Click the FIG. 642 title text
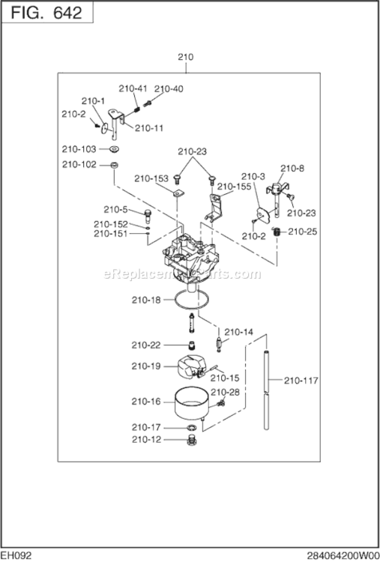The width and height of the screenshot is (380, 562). (46, 13)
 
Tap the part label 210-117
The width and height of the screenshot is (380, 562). (301, 380)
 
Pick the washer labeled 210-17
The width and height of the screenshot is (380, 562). (193, 427)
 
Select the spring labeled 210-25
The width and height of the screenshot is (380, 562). (277, 232)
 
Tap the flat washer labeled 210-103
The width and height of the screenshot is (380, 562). (115, 149)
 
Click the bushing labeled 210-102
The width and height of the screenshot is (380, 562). (115, 166)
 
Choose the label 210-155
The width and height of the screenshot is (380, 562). (234, 187)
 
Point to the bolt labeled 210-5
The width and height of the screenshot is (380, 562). (148, 215)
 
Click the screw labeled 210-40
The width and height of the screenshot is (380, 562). (148, 103)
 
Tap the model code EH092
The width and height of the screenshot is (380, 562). (16, 556)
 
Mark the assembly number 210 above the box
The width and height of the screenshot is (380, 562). (186, 57)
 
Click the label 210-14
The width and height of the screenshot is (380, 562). (238, 332)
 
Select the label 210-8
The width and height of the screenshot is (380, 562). (292, 168)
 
